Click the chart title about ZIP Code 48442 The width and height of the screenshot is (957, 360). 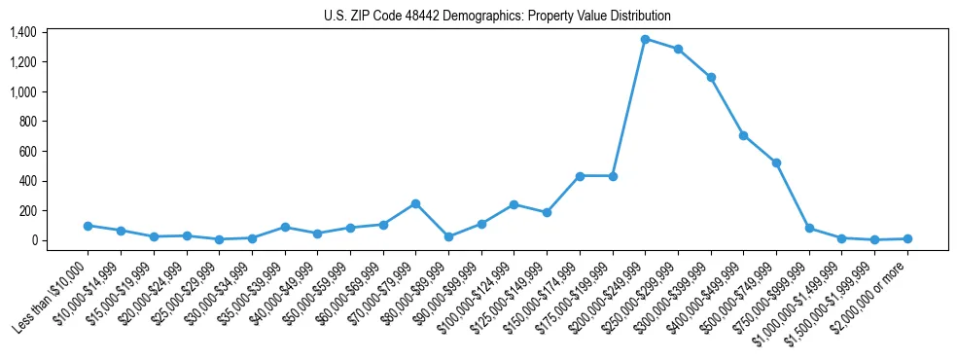(x=497, y=16)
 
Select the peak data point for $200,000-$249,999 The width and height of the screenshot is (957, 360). (x=645, y=39)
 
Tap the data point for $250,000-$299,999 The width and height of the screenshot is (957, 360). (x=678, y=49)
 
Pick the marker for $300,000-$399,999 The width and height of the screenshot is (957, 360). (x=711, y=77)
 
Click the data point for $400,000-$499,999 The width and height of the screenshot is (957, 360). (x=743, y=135)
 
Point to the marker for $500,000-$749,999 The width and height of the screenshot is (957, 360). (x=776, y=162)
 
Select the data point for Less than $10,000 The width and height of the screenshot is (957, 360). (x=88, y=226)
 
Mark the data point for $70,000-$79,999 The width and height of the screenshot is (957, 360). (x=415, y=203)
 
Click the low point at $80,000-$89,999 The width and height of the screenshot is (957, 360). (x=448, y=236)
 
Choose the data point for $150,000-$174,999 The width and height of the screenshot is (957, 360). (x=580, y=176)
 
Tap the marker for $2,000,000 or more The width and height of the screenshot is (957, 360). (x=907, y=238)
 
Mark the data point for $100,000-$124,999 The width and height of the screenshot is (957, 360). (x=514, y=204)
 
